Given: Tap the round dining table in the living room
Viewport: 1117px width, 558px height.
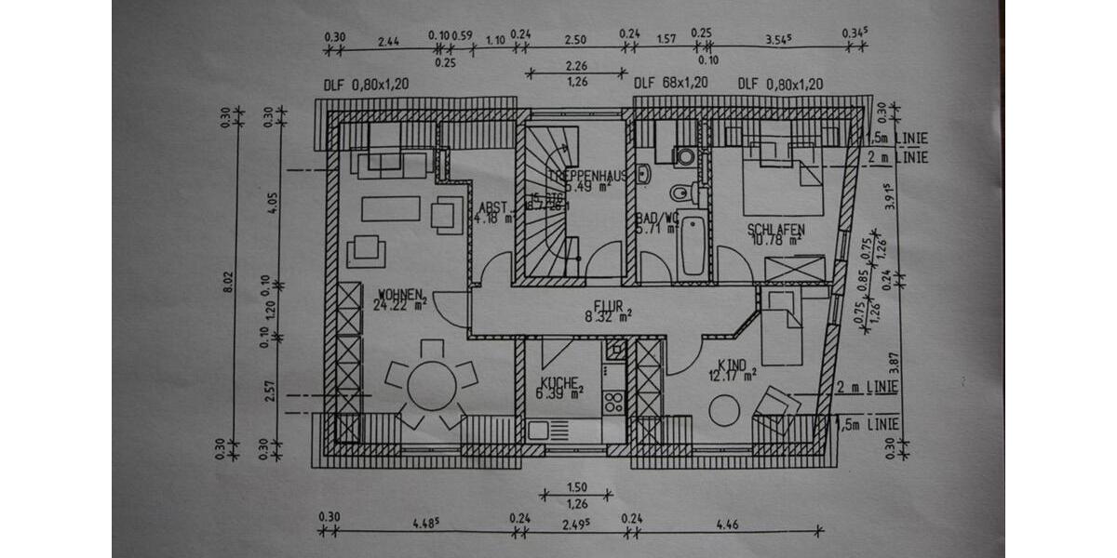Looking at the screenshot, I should [432, 383].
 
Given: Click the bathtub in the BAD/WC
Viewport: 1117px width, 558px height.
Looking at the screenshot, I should [692, 246].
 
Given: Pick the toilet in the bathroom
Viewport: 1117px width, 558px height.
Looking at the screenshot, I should [680, 193].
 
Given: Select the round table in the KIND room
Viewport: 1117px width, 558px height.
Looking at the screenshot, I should [724, 410].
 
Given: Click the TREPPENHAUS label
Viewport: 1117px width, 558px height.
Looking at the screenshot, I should [585, 175].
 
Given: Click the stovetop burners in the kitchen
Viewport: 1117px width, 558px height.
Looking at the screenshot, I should [614, 402].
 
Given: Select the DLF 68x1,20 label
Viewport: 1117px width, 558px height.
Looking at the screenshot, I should [670, 84].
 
